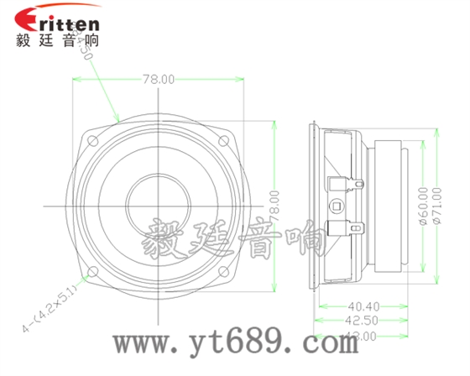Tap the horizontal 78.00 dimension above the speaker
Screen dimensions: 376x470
pyautogui.click(x=158, y=80)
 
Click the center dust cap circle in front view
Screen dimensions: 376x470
pyautogui.click(x=158, y=204)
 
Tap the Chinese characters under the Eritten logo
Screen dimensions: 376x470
pyautogui.click(x=57, y=39)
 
